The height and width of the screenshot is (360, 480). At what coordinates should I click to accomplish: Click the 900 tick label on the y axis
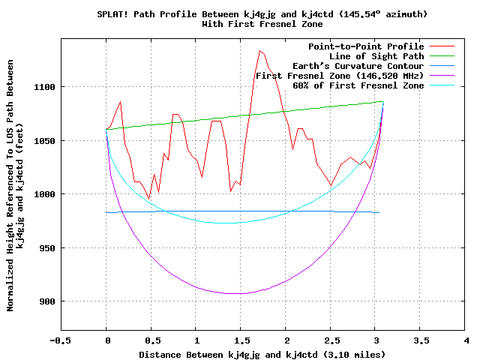(46, 301)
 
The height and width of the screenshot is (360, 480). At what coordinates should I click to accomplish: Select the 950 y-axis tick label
(46, 248)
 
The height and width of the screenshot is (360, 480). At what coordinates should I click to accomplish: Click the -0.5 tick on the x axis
(61, 340)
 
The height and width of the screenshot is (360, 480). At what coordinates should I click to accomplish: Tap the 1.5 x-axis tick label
(241, 340)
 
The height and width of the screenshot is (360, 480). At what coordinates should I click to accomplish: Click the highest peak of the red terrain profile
(259, 51)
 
